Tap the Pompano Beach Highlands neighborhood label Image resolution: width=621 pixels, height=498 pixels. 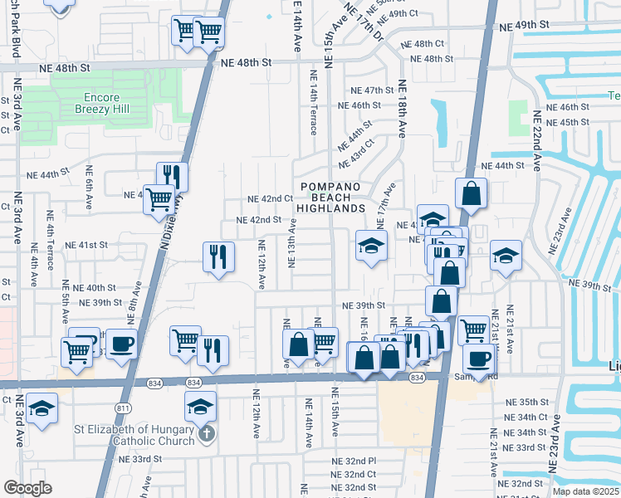pos(332,198)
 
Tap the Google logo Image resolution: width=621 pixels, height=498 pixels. pos(27,488)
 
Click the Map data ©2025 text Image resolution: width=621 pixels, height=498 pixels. pos(580,491)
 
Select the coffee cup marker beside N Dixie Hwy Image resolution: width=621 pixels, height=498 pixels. pos(122,344)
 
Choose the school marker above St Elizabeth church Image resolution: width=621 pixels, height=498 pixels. pos(200,408)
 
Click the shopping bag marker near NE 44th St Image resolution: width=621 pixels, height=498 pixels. pos(471,194)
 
